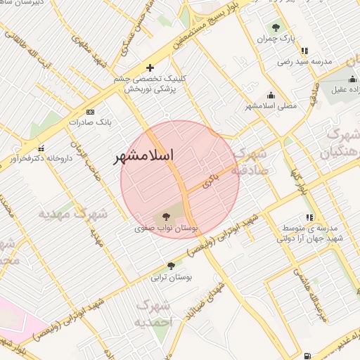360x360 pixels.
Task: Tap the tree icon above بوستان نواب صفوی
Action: point(166,217)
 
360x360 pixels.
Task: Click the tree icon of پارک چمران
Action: point(276,27)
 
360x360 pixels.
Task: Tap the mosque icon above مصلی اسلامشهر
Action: point(271,95)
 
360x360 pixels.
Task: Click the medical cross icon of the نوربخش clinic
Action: point(149,67)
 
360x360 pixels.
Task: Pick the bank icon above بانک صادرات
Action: point(90,112)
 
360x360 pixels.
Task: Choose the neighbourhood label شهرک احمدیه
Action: point(154,313)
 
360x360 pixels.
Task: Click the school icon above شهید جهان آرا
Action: point(309,217)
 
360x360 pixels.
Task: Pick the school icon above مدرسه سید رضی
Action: point(304,51)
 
